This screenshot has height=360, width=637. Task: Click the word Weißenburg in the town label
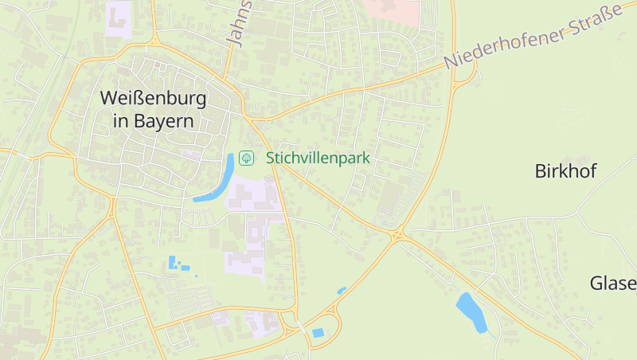click(x=153, y=99)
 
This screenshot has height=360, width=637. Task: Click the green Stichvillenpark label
click(x=318, y=158)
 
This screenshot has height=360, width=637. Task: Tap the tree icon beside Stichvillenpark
click(x=247, y=158)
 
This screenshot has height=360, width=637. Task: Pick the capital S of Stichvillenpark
click(x=271, y=158)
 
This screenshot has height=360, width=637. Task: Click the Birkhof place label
click(x=565, y=171)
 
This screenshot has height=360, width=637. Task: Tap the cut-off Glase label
click(x=613, y=283)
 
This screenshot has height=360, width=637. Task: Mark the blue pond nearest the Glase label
click(x=471, y=312)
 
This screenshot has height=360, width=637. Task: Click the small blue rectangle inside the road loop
click(x=318, y=332)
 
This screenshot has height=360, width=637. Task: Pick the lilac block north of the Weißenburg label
click(x=119, y=18)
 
